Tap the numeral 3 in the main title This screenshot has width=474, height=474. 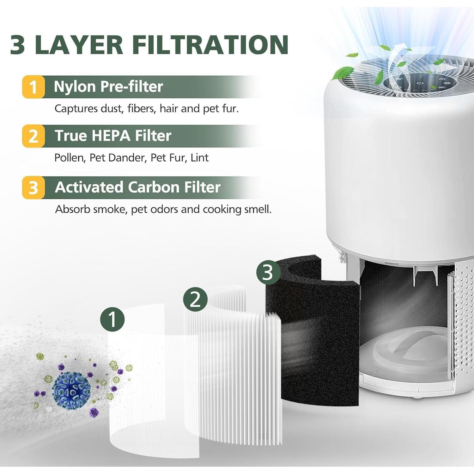[x=18, y=45]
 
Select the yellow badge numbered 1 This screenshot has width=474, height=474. [x=33, y=87]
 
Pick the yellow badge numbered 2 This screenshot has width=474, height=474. [x=33, y=136]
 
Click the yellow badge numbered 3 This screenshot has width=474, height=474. [x=33, y=188]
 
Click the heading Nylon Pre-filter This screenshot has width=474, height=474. [x=108, y=87]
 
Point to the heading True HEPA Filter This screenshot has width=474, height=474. [x=113, y=136]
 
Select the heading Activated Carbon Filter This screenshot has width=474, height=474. [x=137, y=187]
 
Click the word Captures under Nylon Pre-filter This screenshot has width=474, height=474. [x=76, y=109]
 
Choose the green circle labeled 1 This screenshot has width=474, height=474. [x=112, y=319]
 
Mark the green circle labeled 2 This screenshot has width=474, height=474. [x=195, y=299]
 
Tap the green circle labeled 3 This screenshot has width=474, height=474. [x=268, y=272]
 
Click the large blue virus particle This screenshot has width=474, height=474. [x=72, y=389]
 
